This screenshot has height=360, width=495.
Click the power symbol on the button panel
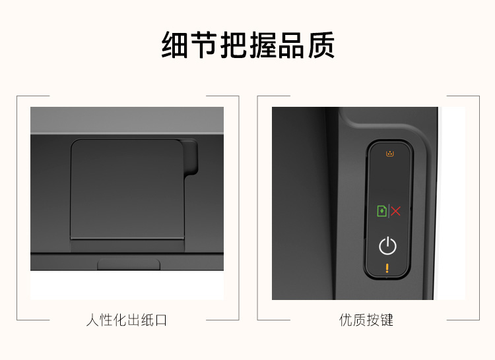click(387, 246)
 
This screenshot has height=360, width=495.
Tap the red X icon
click(395, 211)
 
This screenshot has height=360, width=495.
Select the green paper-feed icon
click(381, 211)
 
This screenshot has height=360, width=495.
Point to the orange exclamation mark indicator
click(387, 268)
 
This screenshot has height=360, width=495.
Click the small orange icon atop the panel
click(390, 154)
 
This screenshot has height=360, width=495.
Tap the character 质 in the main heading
click(321, 45)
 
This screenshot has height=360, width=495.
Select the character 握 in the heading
click(263, 45)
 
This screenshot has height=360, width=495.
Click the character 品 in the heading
click(292, 45)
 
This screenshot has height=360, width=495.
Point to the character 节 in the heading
click(204, 45)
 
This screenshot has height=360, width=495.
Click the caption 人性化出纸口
click(126, 320)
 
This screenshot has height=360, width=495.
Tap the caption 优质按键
click(366, 320)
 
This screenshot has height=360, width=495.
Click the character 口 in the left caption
click(161, 320)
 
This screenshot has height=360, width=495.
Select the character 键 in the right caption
click(387, 320)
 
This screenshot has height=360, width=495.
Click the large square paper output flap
click(127, 189)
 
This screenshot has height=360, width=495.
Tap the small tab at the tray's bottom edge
click(129, 264)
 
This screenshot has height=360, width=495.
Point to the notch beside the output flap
click(190, 158)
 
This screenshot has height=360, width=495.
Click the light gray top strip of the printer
click(127, 121)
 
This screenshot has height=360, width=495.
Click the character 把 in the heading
click(233, 45)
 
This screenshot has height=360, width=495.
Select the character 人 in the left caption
click(92, 320)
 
